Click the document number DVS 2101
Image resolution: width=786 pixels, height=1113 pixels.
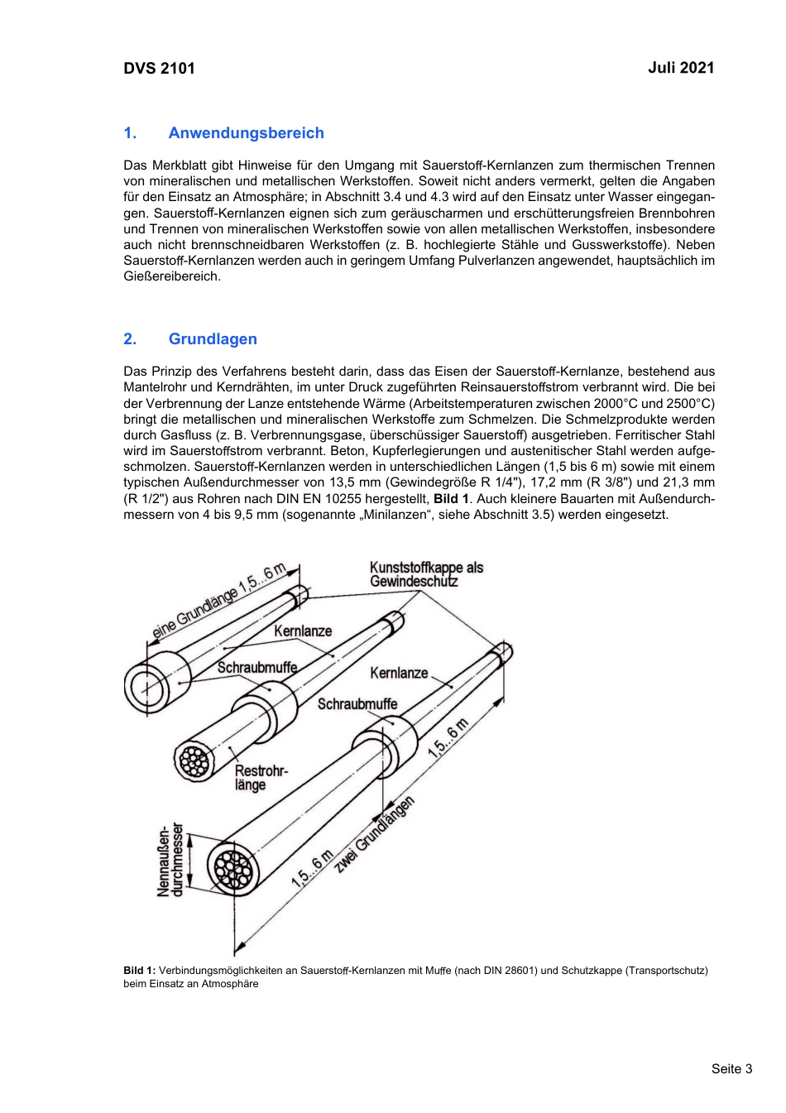coord(159,69)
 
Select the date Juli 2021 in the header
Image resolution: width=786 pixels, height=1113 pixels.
coord(680,68)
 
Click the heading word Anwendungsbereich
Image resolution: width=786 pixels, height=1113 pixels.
coord(246,133)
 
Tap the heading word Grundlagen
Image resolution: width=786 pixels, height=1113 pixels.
coord(213,339)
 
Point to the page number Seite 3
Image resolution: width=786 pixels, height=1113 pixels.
coord(731,1068)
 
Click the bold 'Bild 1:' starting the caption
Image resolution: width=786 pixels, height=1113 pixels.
coord(139,971)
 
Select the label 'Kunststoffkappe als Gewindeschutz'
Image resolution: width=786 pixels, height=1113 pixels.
coord(425,574)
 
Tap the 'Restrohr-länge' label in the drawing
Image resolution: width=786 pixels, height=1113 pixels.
coord(260,778)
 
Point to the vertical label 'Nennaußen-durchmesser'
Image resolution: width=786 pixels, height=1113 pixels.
coord(170,861)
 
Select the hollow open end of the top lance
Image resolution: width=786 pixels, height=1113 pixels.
coord(147,687)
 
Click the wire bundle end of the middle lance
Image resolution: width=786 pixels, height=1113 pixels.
coord(194,760)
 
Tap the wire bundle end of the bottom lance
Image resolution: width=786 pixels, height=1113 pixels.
coord(232,868)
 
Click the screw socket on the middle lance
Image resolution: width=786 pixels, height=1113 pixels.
coord(266,708)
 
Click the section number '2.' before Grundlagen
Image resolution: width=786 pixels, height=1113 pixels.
coord(130,339)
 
